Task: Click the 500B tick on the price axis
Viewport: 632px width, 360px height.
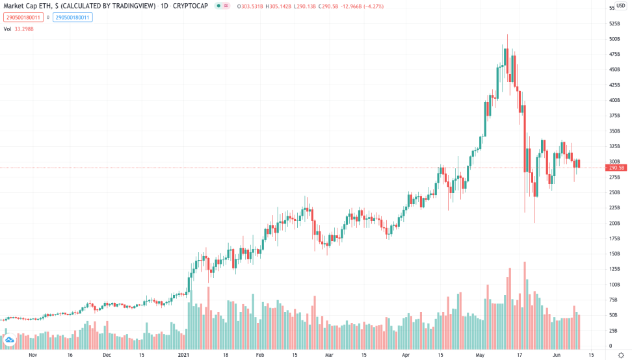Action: pyautogui.click(x=614, y=39)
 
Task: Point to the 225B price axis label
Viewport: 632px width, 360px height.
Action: pyautogui.click(x=614, y=207)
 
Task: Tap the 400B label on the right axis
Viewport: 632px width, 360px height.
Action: pyautogui.click(x=614, y=100)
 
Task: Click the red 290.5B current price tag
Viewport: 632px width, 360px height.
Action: pyautogui.click(x=617, y=168)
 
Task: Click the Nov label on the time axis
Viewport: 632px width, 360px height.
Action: pyautogui.click(x=33, y=355)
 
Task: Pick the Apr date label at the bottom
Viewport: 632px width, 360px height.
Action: pyautogui.click(x=406, y=355)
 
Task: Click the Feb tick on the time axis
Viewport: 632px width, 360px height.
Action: pyautogui.click(x=259, y=355)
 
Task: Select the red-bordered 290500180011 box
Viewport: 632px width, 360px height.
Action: pyautogui.click(x=23, y=18)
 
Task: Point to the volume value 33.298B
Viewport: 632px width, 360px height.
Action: pyautogui.click(x=26, y=29)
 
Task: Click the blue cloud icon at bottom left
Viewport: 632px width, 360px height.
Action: pyautogui.click(x=10, y=340)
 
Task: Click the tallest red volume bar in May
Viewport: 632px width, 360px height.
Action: pyautogui.click(x=524, y=305)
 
